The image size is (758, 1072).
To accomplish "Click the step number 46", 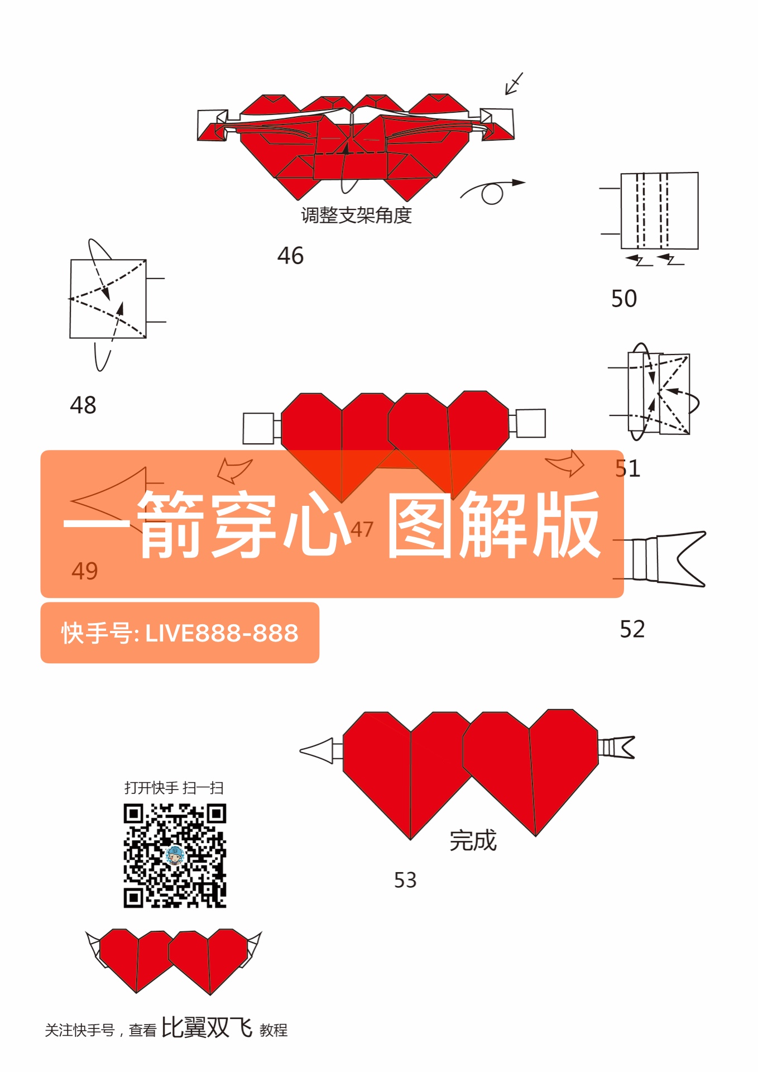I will click(x=290, y=256).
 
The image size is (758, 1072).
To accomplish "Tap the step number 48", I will click(x=83, y=405).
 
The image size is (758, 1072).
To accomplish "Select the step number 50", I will click(x=623, y=299).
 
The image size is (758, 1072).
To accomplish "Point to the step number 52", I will click(x=632, y=629).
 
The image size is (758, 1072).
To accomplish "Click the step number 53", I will click(x=405, y=880).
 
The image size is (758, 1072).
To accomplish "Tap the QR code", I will click(x=175, y=855).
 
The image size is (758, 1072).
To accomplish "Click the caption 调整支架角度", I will click(x=356, y=216).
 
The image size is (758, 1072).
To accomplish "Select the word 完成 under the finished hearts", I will click(x=473, y=841).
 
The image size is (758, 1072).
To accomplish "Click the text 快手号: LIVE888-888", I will click(x=180, y=633).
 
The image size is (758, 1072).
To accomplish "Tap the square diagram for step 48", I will click(x=108, y=299).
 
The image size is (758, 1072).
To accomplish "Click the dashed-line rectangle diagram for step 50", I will click(x=659, y=211).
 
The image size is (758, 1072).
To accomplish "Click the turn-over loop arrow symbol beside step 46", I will click(x=492, y=192).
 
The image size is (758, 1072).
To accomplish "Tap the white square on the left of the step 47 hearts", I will click(x=258, y=428).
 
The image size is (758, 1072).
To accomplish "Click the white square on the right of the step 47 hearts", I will click(x=530, y=423).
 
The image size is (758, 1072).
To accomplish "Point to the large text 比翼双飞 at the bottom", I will click(x=207, y=1027).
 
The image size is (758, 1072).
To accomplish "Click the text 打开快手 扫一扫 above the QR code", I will click(x=174, y=788).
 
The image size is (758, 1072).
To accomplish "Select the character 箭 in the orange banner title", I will click(x=170, y=525).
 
